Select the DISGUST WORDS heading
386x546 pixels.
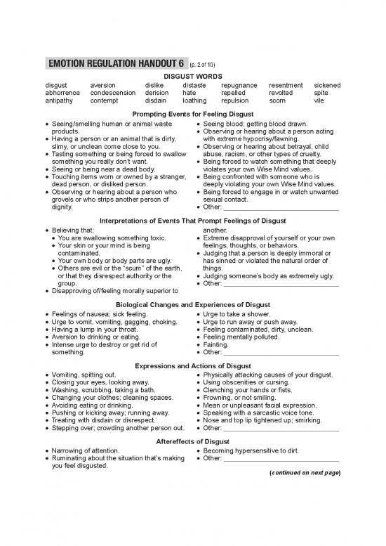pos(192,77)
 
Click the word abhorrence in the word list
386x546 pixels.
pos(62,92)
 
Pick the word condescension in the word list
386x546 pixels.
pos(113,92)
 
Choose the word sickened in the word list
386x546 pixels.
pos(327,85)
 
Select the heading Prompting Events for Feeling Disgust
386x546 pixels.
pos(192,114)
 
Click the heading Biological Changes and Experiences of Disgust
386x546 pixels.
pos(192,304)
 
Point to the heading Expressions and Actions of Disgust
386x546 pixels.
pos(192,366)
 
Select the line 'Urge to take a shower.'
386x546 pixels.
pos(237,313)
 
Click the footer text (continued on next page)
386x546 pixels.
pos(305,472)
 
